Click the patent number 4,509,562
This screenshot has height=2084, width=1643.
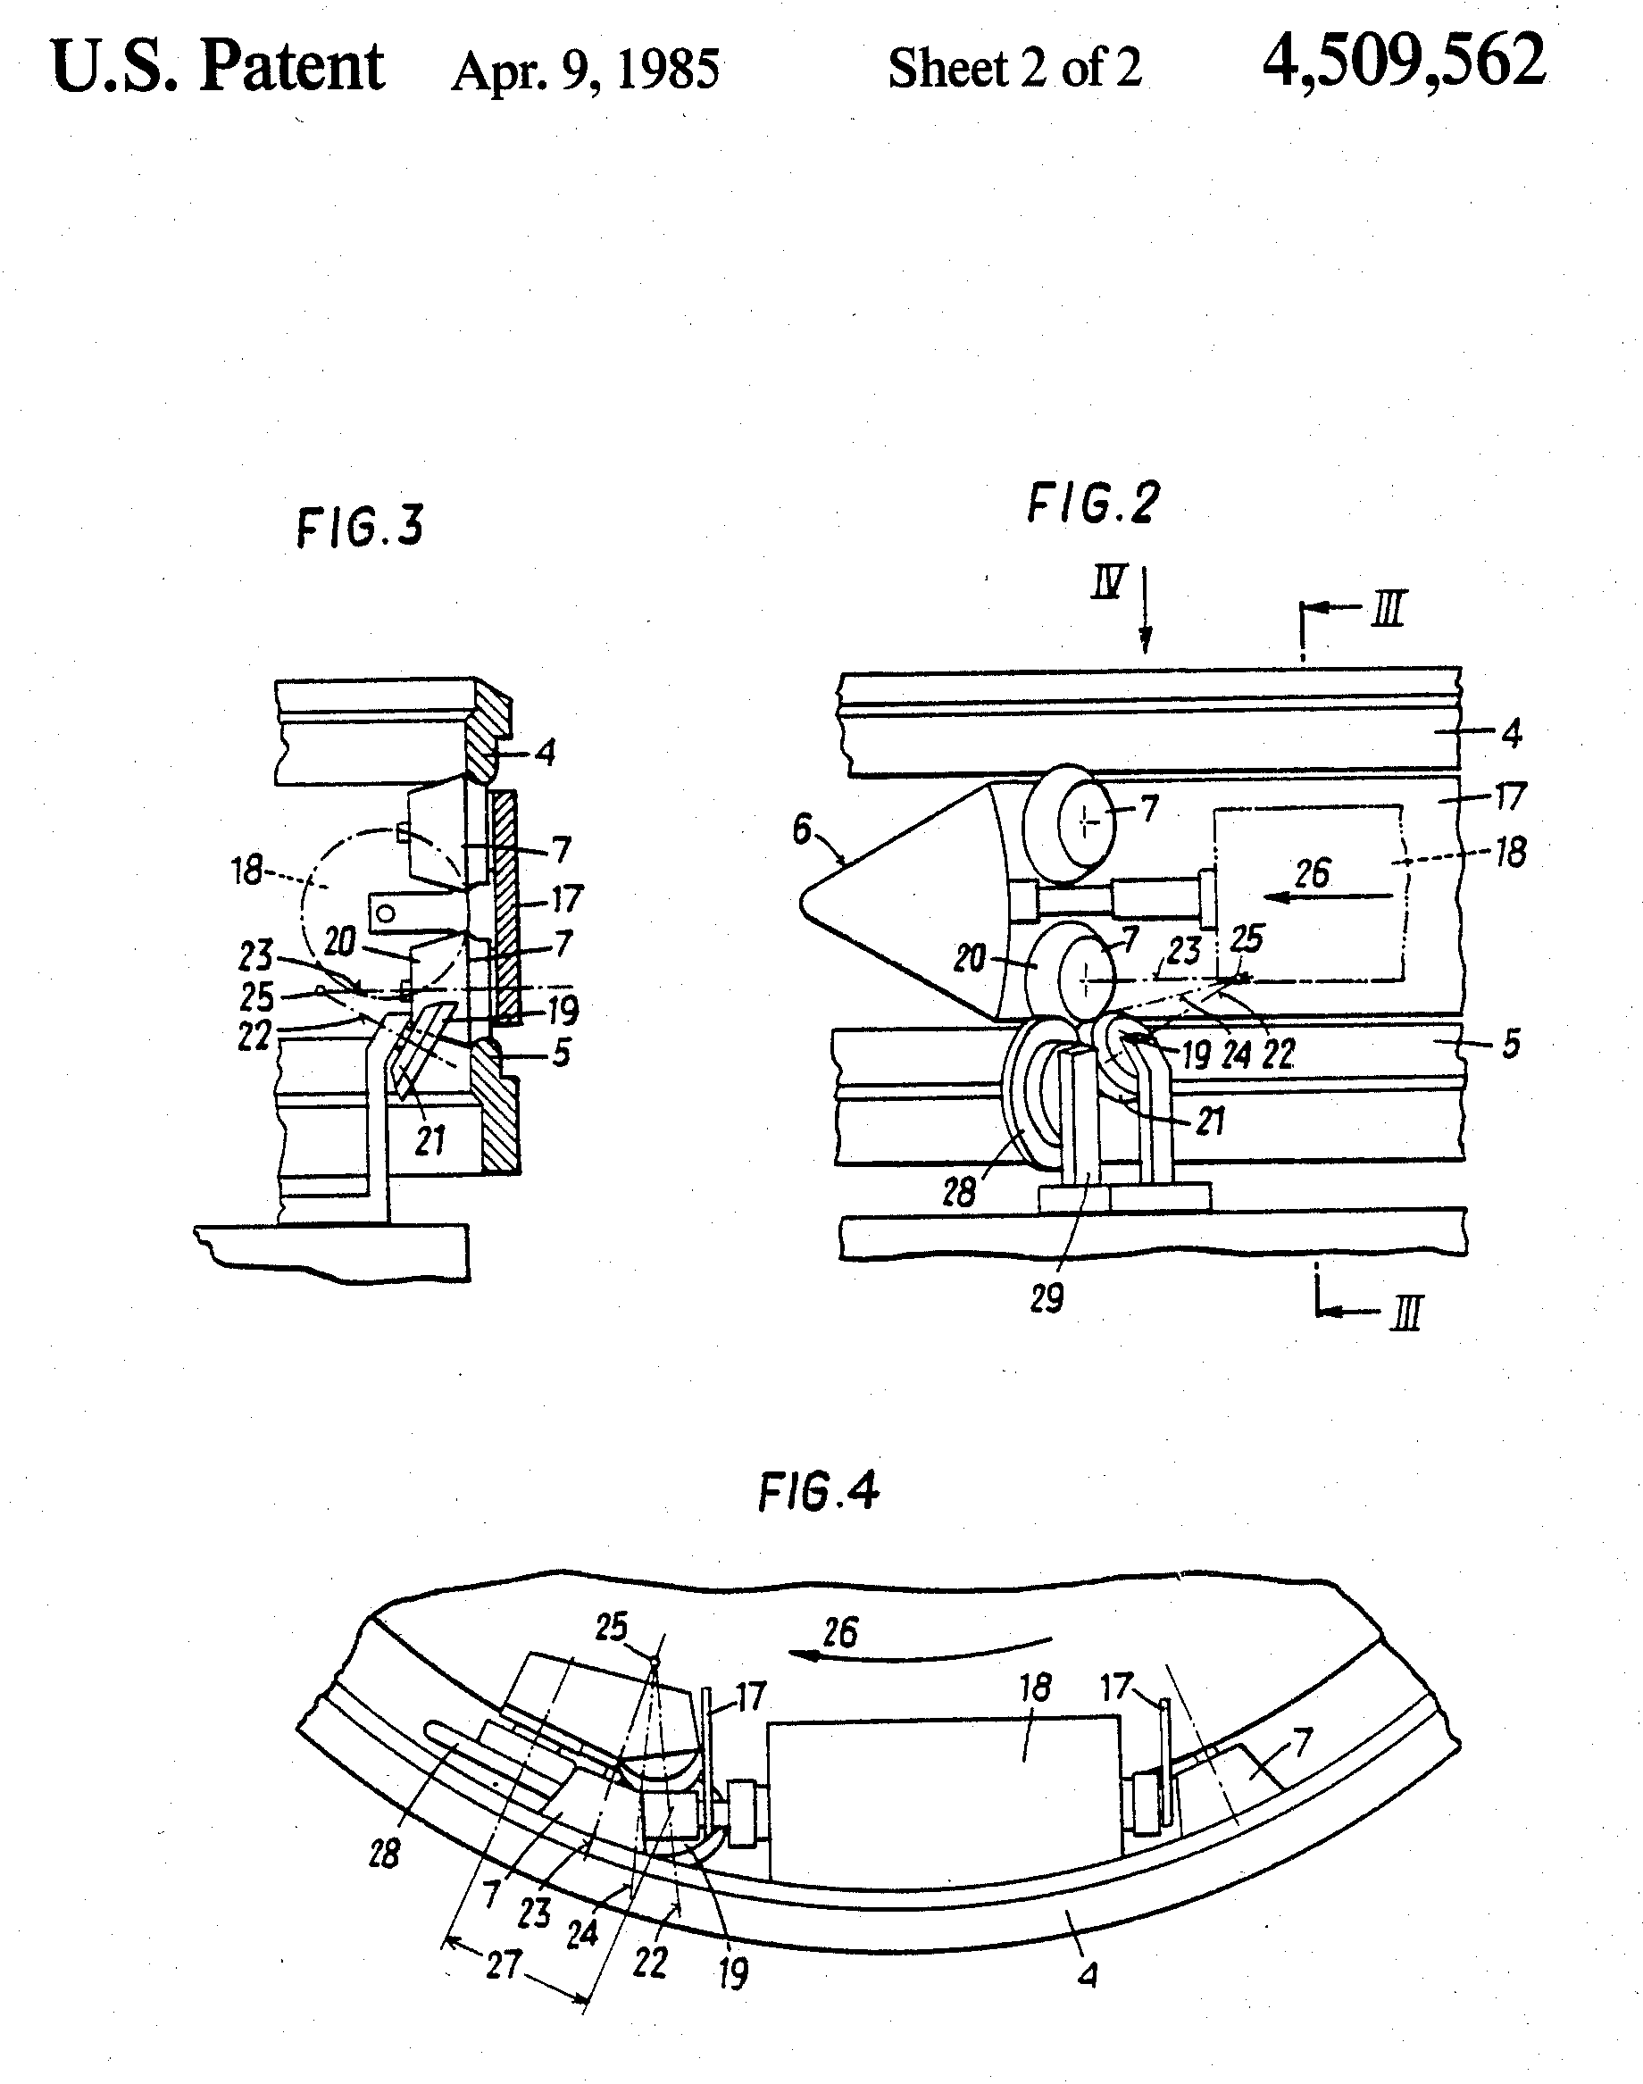1404,61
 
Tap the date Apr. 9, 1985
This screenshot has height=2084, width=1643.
585,71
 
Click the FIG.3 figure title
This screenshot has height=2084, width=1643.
360,527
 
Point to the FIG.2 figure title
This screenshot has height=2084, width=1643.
1094,502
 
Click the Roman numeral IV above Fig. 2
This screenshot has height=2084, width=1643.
1108,582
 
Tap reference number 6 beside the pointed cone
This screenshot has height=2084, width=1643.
801,828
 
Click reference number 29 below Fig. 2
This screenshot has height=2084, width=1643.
1047,1298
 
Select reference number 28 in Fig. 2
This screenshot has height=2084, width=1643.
959,1193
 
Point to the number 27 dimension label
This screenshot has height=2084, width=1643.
503,1963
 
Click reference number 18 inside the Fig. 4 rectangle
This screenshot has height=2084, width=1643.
1035,1687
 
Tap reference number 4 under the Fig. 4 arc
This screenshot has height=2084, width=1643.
1088,1975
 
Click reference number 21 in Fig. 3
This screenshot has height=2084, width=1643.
430,1140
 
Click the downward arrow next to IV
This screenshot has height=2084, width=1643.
1145,610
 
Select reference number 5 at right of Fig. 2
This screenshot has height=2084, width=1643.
1511,1044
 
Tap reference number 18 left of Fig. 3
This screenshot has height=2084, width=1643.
247,871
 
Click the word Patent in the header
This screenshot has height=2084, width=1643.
291,67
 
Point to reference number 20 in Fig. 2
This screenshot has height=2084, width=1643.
970,958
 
